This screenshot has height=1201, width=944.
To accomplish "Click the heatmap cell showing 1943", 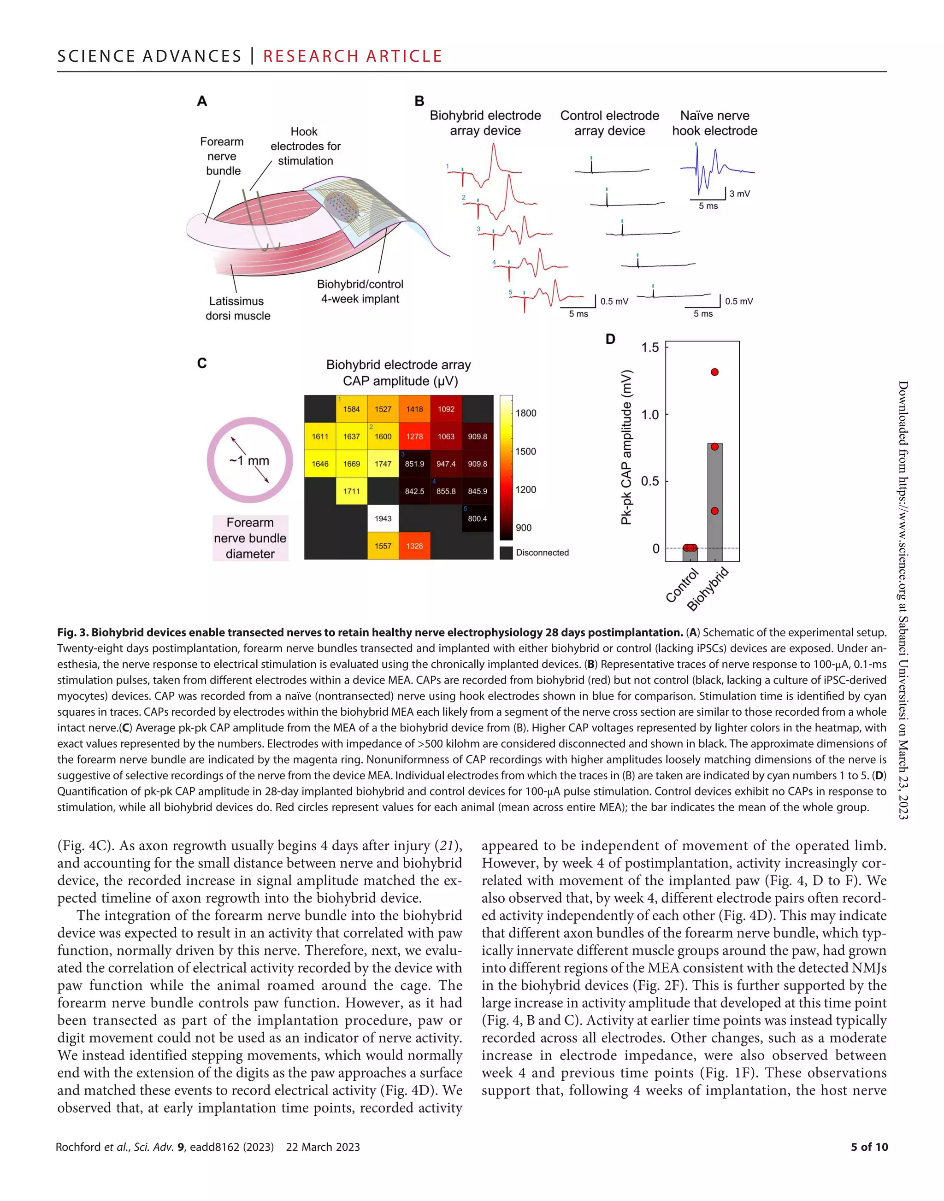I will [x=383, y=518].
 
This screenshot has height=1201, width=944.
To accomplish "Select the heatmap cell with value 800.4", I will [x=478, y=518].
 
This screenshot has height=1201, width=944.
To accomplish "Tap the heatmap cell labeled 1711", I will [x=352, y=491].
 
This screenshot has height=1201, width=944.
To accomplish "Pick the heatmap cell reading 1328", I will [x=414, y=546].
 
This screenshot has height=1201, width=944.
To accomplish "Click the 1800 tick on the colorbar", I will [x=525, y=413].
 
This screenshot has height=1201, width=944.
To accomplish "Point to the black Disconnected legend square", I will [x=506, y=553].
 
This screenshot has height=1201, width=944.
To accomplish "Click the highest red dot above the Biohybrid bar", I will [x=714, y=372].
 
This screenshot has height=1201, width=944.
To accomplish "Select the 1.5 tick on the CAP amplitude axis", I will [x=650, y=347].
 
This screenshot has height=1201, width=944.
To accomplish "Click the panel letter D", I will [x=610, y=339].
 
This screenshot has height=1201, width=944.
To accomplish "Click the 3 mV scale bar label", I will [x=739, y=194].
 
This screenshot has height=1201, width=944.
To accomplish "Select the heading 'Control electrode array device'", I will [x=610, y=123].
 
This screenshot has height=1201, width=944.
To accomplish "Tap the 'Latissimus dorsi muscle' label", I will [x=238, y=308].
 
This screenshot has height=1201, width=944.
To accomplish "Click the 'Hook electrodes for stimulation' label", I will [x=305, y=147].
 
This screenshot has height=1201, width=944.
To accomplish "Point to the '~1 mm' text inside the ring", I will [x=249, y=460].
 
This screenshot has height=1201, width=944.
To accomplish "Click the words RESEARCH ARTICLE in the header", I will [x=353, y=56].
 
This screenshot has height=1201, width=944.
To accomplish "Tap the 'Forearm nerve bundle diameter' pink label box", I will [x=250, y=538].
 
